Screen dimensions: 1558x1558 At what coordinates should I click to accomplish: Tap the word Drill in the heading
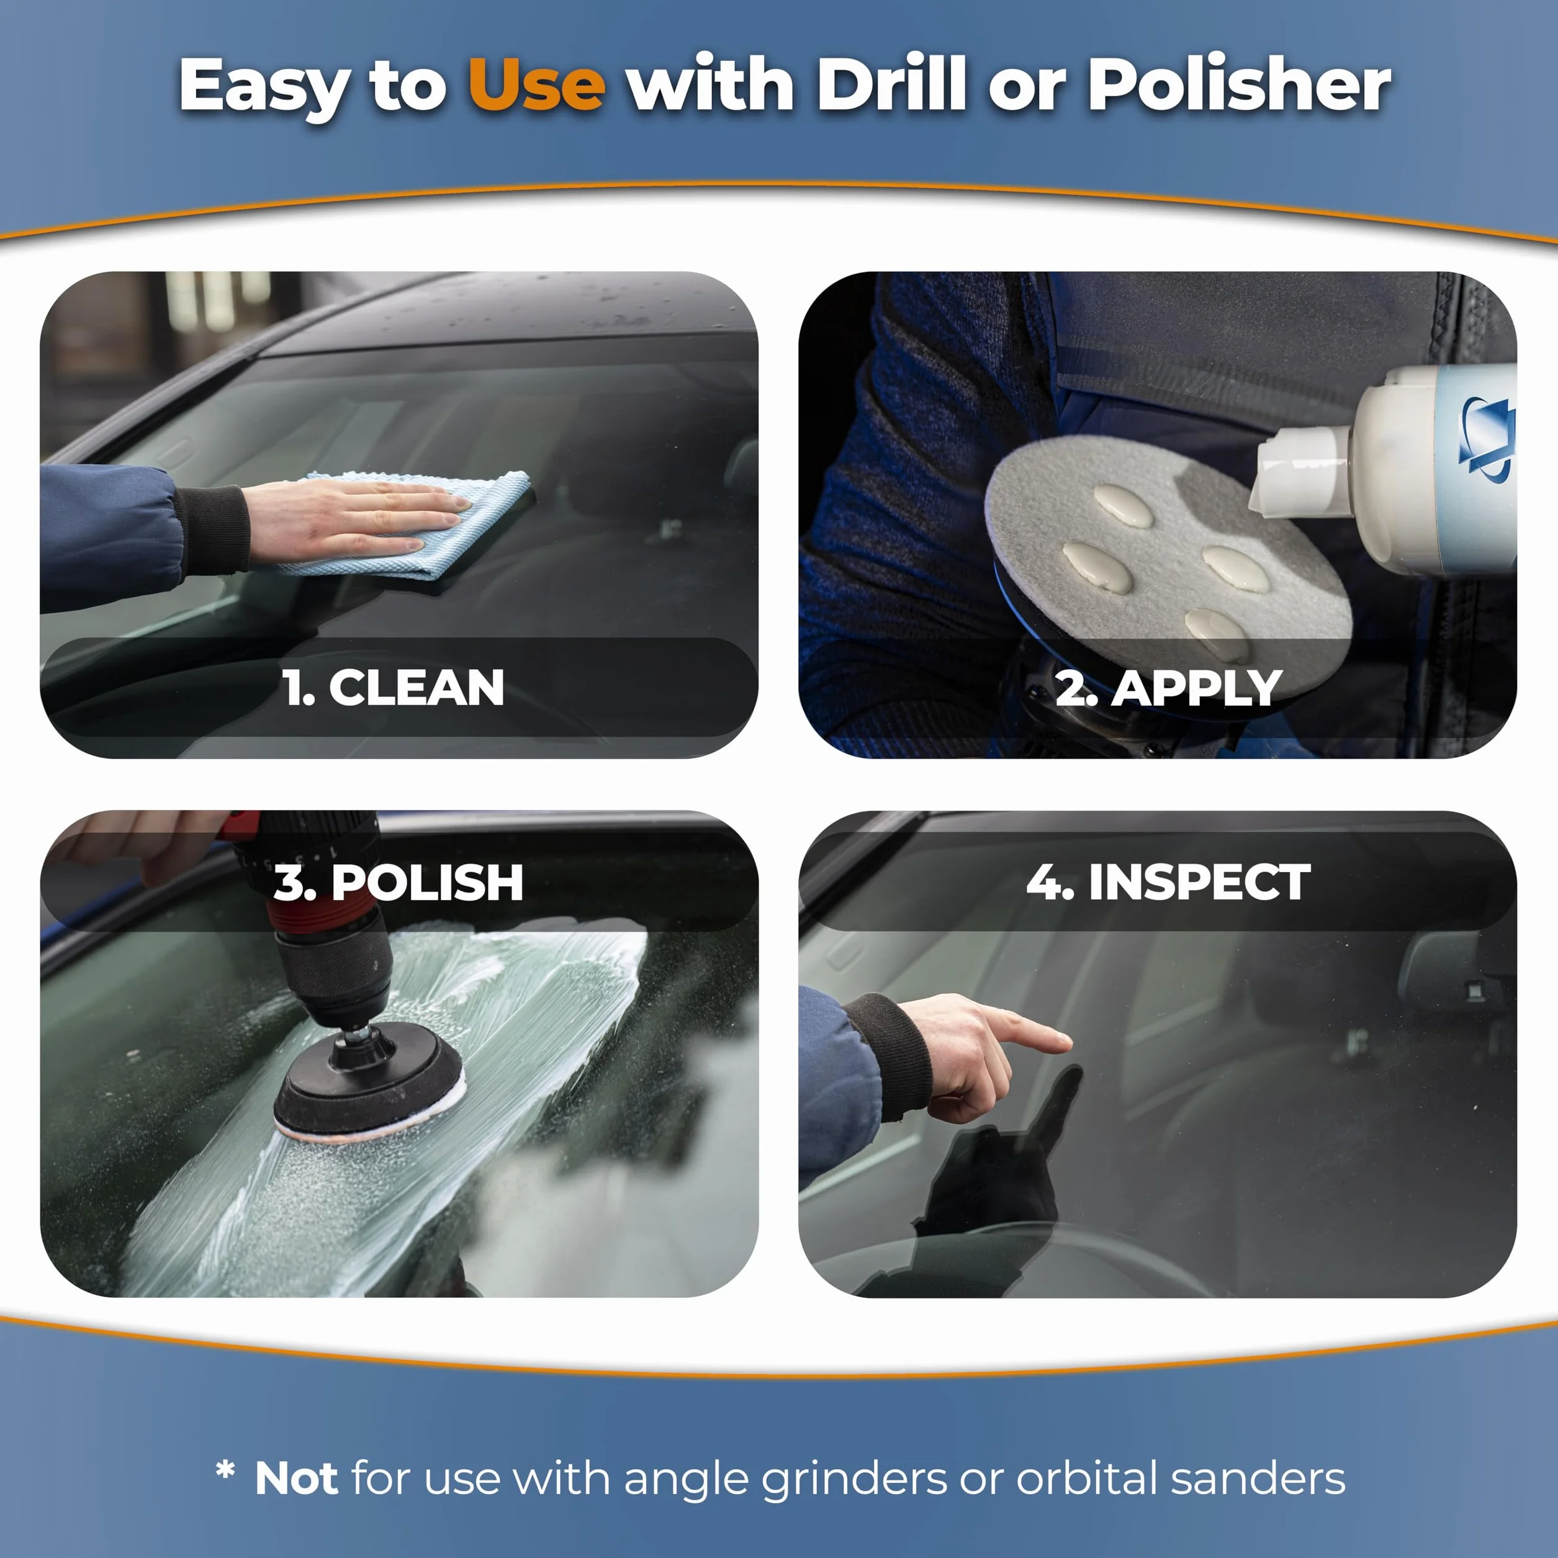click(892, 84)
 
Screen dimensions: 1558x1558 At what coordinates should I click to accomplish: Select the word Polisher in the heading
click(1240, 84)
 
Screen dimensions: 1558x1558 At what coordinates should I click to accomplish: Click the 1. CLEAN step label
click(394, 688)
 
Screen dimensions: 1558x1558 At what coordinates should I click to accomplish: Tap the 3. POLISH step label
click(399, 882)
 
